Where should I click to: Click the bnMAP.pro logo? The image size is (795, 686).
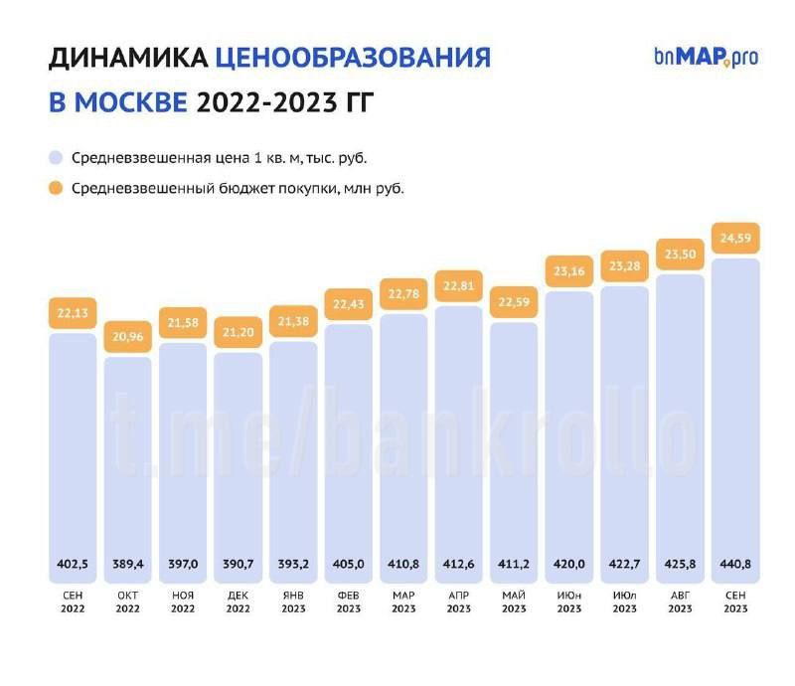[x=706, y=56]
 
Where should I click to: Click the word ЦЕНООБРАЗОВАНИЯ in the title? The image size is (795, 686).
[x=353, y=58]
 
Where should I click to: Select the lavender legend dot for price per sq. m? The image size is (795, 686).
[x=56, y=157]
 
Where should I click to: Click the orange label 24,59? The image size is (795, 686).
[x=736, y=239]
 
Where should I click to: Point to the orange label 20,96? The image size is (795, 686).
[x=128, y=337]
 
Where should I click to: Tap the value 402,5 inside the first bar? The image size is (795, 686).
[x=73, y=564]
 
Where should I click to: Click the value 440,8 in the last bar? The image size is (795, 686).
[x=736, y=564]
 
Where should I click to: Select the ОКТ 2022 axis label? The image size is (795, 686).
[x=128, y=601]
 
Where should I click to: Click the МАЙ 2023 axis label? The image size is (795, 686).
[x=515, y=601]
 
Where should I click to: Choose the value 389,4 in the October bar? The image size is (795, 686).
[x=128, y=564]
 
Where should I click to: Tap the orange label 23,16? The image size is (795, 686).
[x=570, y=271]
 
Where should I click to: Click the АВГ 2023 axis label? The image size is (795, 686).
[x=681, y=601]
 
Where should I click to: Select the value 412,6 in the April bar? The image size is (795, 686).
[x=459, y=564]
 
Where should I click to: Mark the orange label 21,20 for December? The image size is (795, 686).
[x=238, y=332]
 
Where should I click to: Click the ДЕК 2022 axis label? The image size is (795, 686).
[x=238, y=601]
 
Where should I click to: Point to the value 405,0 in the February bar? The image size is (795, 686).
[x=349, y=564]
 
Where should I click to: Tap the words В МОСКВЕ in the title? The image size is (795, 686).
[x=116, y=101]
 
